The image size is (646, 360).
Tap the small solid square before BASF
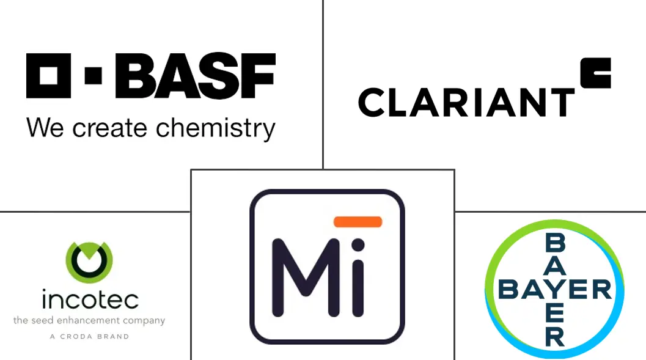pos(94,76)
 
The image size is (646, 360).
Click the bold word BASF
pos(195,76)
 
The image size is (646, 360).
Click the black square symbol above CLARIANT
pos(595,73)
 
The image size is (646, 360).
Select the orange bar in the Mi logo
pos(358,222)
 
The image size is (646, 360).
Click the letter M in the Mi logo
pos(300,278)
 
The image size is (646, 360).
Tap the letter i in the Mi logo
pos(358,278)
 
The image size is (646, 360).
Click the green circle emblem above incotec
pos(89,262)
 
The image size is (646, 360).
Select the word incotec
pos(90,299)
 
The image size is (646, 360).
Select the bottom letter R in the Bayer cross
pos(555,335)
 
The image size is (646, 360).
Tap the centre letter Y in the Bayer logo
pos(555,289)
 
